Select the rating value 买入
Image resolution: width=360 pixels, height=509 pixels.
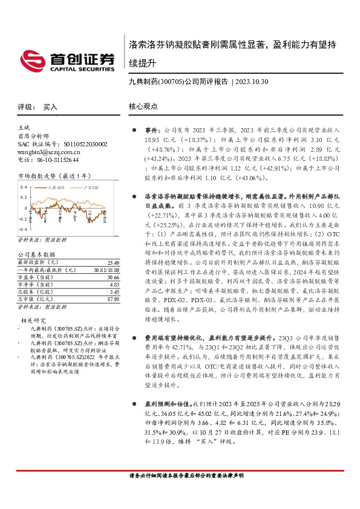tap(50, 106)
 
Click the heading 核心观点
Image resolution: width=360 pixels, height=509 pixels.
tap(142, 106)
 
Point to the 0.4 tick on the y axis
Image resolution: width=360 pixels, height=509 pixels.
tap(24, 187)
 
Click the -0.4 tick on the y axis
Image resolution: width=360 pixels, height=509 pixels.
tap(23, 230)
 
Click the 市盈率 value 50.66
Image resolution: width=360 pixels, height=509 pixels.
tap(112, 276)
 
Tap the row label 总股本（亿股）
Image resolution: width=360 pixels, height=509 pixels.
tap(36, 290)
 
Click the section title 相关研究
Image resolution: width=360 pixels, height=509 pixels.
tap(34, 319)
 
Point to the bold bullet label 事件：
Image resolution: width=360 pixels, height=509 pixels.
tap(151, 130)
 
